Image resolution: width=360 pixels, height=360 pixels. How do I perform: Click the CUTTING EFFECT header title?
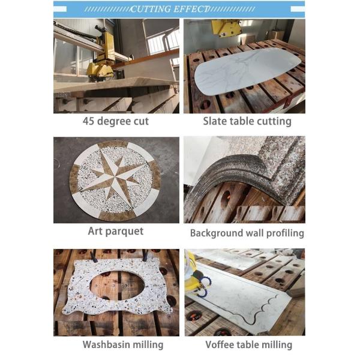click(170, 9)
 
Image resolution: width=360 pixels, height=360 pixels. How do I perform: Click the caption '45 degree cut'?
click(116, 121)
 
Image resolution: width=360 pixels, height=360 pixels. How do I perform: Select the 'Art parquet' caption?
click(116, 231)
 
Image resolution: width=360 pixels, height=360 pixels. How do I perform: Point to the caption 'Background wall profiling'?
click(247, 233)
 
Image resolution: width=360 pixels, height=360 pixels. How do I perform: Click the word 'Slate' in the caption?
click(215, 121)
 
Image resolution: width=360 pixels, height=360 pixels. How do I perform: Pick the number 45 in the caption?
click(89, 121)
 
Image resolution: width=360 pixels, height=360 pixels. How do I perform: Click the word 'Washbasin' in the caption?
click(106, 344)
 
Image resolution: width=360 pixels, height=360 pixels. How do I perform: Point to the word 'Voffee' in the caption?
click(221, 344)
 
